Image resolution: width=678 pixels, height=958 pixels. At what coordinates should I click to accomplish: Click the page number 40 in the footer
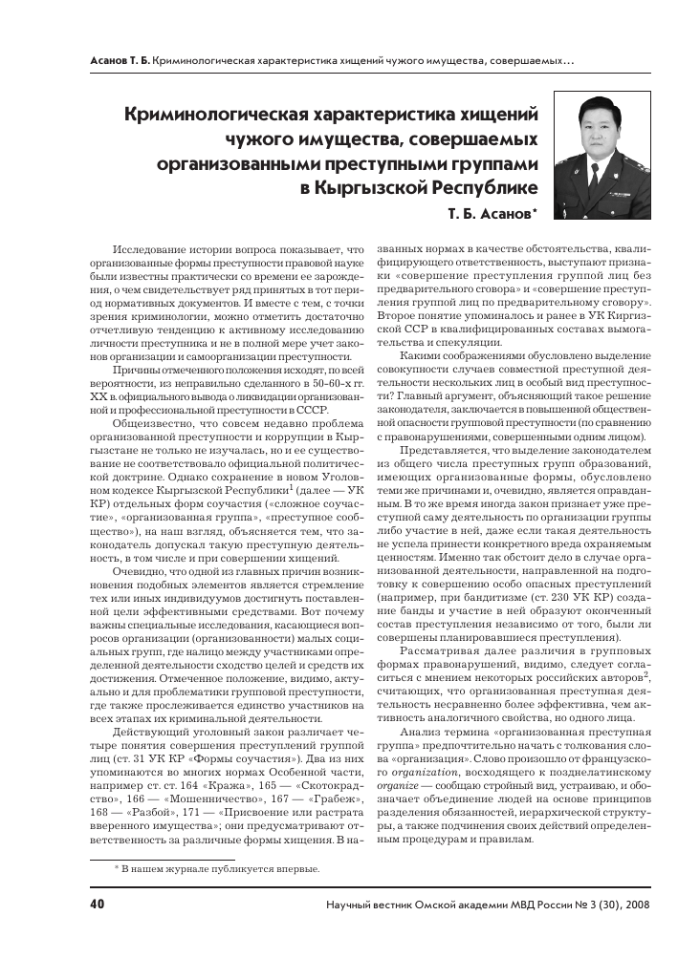click(x=98, y=904)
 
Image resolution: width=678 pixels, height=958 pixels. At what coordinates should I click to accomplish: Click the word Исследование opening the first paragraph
click(x=156, y=247)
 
